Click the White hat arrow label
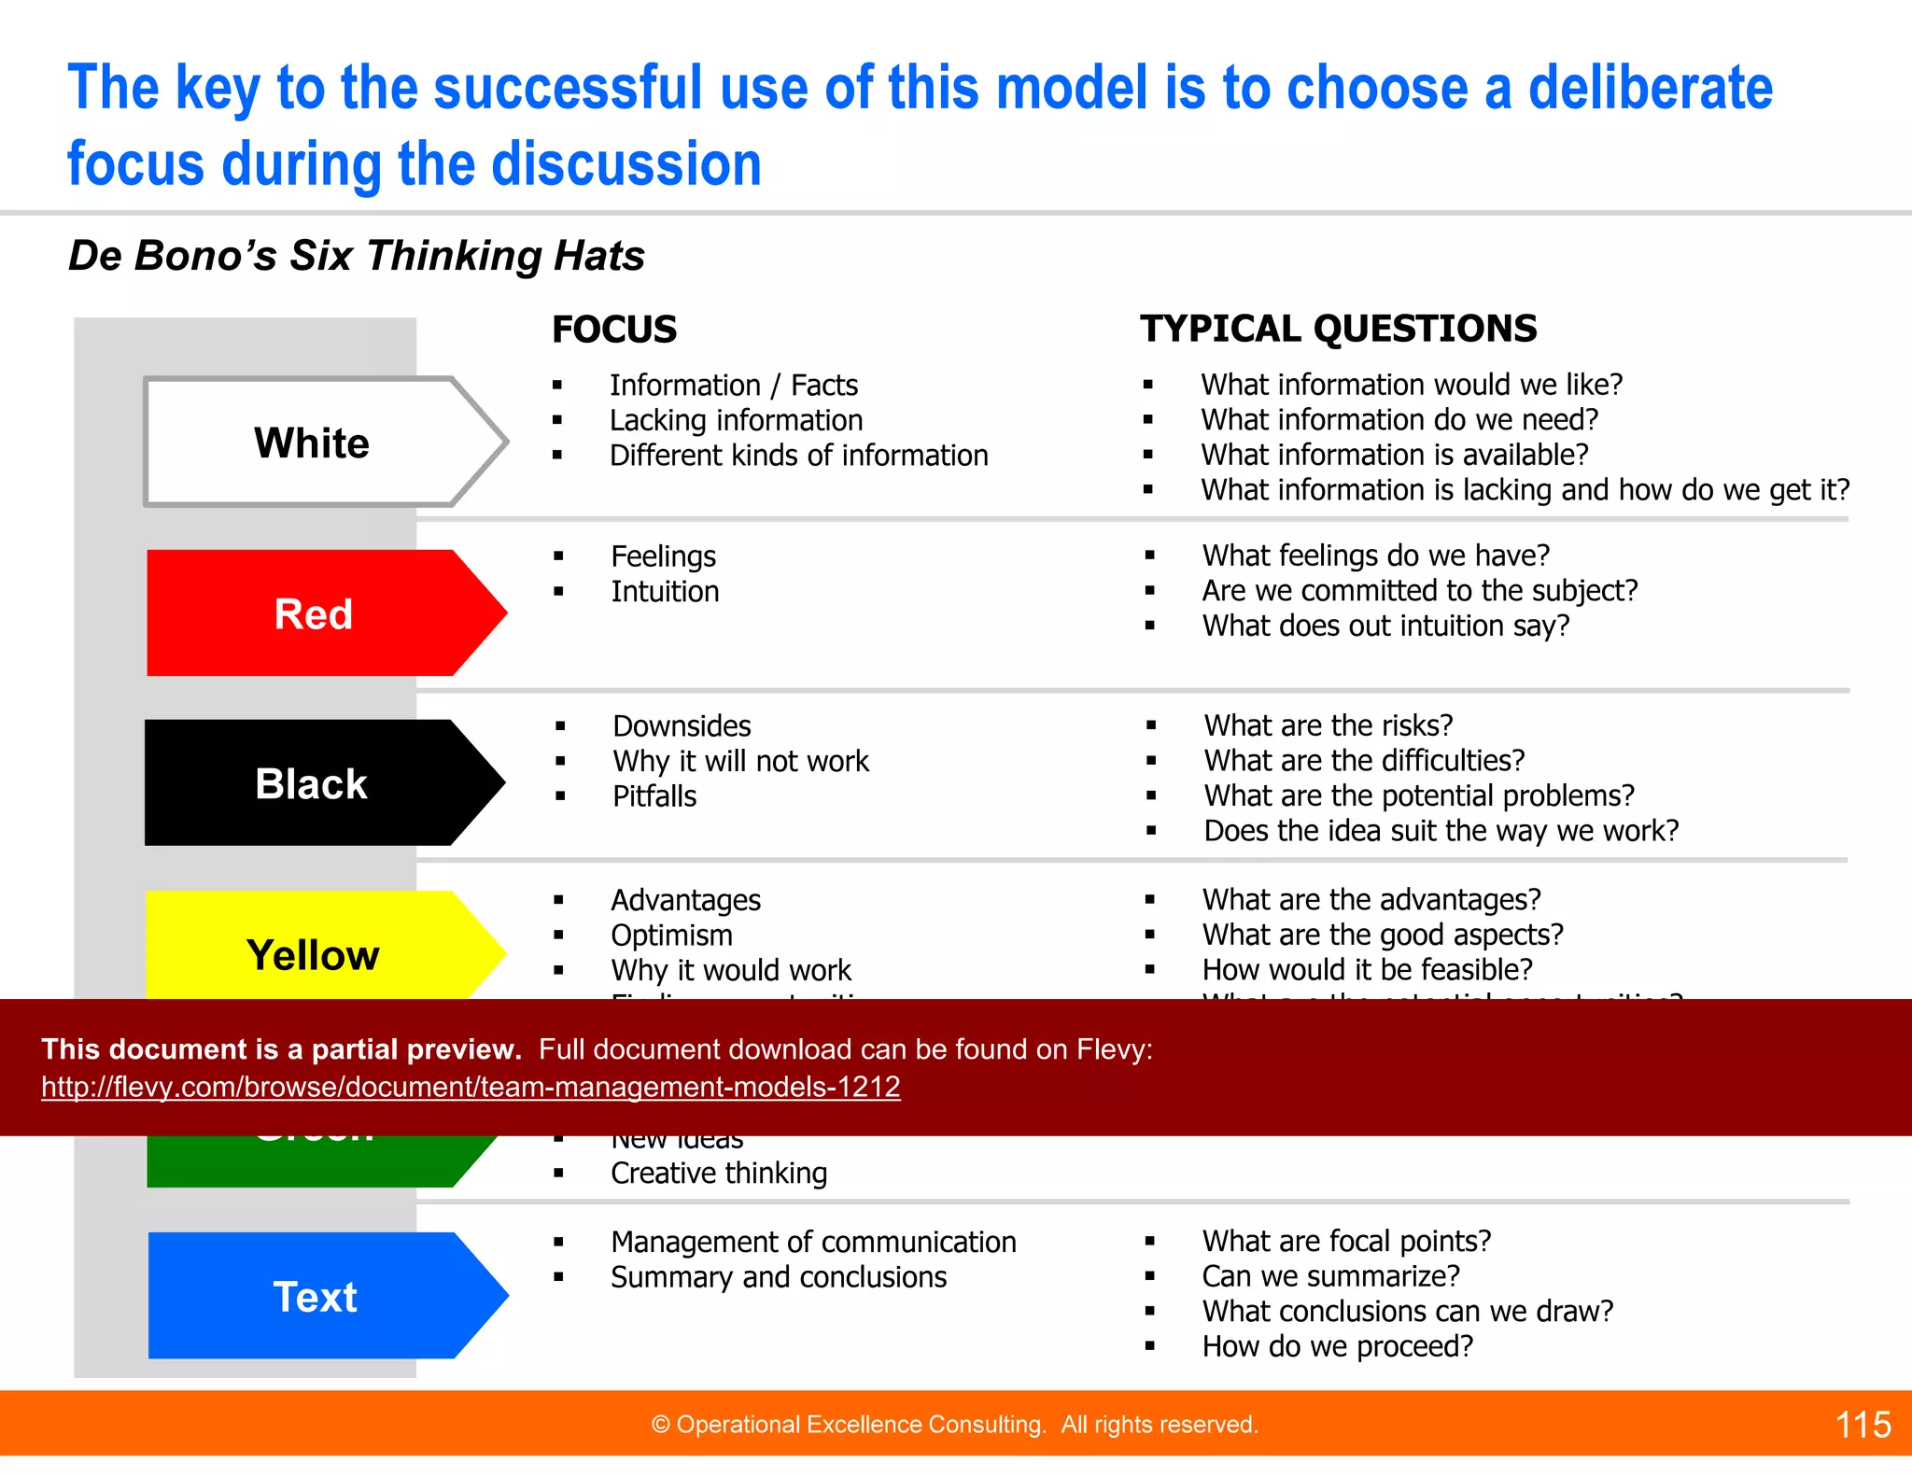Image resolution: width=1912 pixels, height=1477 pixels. (312, 443)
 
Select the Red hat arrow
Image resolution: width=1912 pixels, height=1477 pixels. (314, 614)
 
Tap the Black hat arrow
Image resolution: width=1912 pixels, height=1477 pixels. (312, 784)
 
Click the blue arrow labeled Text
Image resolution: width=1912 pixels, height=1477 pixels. (316, 1297)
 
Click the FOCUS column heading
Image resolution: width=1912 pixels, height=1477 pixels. (614, 330)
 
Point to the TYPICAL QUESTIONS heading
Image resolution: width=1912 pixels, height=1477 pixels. (1338, 329)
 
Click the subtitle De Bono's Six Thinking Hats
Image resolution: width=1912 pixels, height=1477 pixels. (356, 256)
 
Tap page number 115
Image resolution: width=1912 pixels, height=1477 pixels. (1863, 1425)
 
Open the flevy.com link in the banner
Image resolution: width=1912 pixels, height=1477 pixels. (471, 1087)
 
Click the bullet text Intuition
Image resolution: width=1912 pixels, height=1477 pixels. (665, 592)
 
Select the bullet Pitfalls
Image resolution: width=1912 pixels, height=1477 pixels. (654, 796)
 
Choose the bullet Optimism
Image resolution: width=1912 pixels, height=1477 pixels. (671, 935)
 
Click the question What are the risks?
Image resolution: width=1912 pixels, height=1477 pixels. (1328, 725)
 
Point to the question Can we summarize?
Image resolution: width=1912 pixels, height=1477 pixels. (1330, 1276)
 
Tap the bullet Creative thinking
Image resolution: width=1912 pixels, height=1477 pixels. (719, 1174)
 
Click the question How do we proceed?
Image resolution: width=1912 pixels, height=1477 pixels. (1337, 1346)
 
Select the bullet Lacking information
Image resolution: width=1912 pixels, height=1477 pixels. (736, 420)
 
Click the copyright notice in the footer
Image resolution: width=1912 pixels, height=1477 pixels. (954, 1425)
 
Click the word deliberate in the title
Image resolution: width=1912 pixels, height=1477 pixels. (1650, 88)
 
